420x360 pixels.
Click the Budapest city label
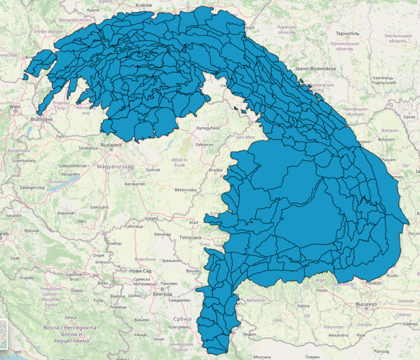point(112,145)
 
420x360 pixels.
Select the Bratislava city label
point(41,119)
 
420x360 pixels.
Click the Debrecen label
point(205,145)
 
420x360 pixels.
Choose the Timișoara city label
point(190,237)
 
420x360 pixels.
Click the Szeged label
point(151,219)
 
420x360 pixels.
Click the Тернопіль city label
point(347,33)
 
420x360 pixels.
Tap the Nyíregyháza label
point(208,128)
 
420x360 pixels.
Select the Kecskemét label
point(135,184)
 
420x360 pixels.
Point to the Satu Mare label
point(245,137)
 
